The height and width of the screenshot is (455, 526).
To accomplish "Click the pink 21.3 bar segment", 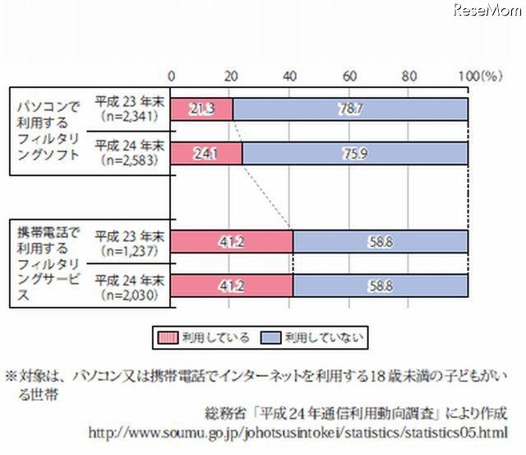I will pos(201,109).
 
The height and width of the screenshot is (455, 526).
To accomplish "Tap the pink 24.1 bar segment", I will pos(205,153).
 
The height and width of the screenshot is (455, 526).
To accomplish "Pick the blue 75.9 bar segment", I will pos(354,153).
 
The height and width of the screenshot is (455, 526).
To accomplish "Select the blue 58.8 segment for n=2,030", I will pos(380,285).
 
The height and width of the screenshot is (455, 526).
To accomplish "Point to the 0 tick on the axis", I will pos(171,76).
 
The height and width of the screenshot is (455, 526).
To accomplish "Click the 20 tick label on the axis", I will pos(231,76).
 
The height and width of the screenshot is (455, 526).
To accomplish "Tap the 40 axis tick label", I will pos(290,76).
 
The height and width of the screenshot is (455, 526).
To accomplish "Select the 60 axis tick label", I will pos(349,76).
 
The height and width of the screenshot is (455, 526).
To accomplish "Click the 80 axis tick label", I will pos(408,76).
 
